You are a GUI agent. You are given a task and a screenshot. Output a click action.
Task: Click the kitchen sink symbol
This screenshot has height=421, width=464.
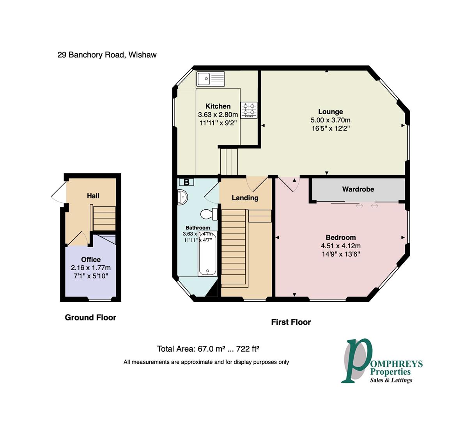(211, 79)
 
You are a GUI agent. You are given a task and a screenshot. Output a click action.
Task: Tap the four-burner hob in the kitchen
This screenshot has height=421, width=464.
(249, 110)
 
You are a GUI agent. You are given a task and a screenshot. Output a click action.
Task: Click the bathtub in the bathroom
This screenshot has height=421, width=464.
(207, 253)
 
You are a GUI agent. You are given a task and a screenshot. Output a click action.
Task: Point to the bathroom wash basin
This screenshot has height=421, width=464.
(182, 197)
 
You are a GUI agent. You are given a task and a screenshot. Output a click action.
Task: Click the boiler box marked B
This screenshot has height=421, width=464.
(186, 182)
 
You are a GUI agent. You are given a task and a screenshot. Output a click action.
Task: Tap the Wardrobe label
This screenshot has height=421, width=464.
(358, 189)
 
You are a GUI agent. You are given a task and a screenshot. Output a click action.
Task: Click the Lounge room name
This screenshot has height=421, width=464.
(330, 112)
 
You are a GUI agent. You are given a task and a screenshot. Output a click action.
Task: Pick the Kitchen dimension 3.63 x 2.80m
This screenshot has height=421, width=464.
(218, 115)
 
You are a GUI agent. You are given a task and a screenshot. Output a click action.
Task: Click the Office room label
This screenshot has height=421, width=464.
(91, 260)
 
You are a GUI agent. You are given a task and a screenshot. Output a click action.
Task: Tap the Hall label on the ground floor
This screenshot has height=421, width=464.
(93, 196)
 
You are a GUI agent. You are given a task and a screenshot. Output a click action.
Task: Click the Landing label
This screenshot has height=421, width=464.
(245, 198)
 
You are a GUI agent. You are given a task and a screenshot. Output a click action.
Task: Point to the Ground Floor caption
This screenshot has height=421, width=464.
(90, 318)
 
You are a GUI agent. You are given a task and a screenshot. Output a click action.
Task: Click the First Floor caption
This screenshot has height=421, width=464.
(291, 322)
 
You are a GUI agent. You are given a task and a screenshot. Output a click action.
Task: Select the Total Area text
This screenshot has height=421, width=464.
(208, 349)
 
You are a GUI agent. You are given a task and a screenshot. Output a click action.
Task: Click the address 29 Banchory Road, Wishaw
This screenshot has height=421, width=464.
(107, 55)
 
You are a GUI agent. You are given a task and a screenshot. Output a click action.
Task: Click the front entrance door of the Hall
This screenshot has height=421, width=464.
(58, 194)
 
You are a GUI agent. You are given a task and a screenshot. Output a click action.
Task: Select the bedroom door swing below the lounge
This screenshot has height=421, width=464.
(290, 184)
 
